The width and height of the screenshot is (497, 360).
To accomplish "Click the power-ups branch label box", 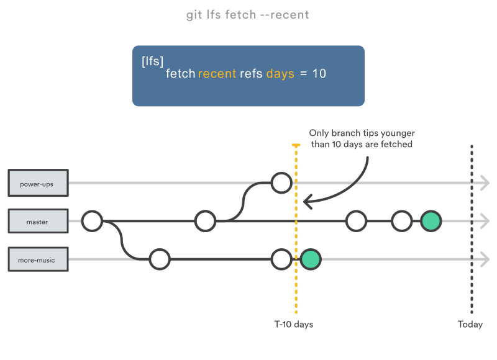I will pos(37,184).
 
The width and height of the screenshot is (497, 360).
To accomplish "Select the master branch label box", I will pos(37,222).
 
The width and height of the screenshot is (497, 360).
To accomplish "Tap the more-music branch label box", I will pos(37,259).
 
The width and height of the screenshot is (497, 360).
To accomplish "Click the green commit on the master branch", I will pos(431,221).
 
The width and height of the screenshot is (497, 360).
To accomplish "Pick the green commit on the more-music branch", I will pos(311,259).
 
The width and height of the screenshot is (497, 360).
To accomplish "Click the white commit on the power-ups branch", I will pos(281,183).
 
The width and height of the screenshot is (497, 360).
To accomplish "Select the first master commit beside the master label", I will pos(92,221).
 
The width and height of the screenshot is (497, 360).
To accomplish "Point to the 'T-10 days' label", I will pos(294,325).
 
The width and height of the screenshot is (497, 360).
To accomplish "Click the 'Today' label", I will pos(470,325).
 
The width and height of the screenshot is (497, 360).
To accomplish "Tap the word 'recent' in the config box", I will pos(217,74).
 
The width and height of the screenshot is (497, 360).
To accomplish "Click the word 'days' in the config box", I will pos(280,74).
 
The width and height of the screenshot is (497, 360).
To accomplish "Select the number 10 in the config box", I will pos(319,74).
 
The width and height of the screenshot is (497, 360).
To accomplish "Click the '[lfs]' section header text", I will pos(152,61).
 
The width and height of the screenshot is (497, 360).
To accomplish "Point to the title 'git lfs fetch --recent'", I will pos(247,14).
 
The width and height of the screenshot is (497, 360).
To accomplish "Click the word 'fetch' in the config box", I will pos(180,74).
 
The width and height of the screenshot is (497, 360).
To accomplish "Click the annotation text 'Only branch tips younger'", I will pos(362,133).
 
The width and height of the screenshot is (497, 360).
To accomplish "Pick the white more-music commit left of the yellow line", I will pos(281,259).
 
